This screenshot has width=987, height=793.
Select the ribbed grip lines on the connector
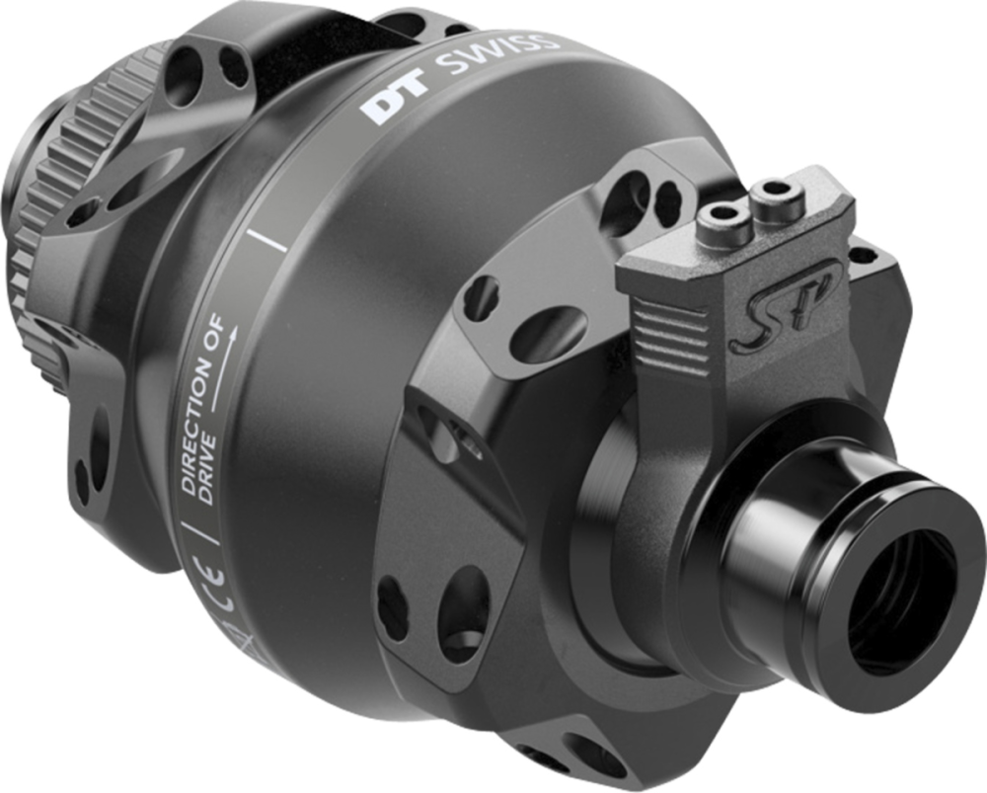pos(670,325)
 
